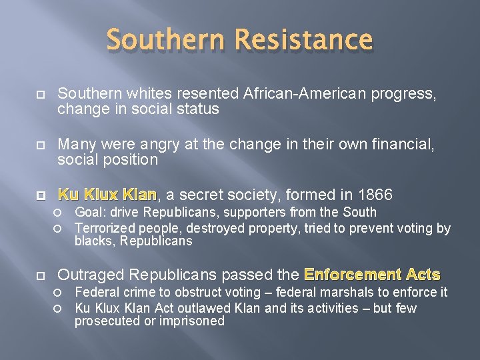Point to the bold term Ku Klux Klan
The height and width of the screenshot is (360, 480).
(107, 195)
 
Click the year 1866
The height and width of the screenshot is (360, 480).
(375, 195)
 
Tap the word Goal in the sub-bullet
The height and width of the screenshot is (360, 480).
(87, 213)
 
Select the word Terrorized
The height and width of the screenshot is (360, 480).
(105, 229)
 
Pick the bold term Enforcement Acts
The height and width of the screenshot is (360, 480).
(372, 274)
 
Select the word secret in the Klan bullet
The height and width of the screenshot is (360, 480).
(201, 195)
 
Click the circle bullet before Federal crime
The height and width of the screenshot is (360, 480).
(58, 293)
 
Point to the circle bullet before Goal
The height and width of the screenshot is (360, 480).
(58, 213)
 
